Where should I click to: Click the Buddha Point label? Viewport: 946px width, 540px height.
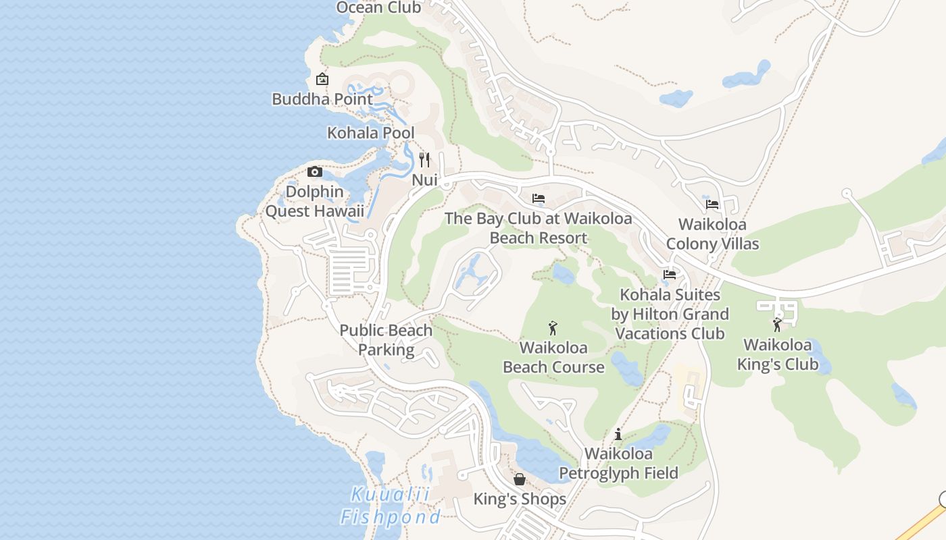point(322,99)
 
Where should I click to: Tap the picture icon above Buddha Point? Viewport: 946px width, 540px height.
point(322,79)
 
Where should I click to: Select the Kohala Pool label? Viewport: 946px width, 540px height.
point(371,132)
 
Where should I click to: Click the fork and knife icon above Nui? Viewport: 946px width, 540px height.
point(424,160)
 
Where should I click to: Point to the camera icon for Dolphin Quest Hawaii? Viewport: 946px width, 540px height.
point(315,171)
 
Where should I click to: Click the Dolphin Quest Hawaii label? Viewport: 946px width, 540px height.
point(314,201)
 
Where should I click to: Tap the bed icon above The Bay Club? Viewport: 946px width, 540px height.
point(539,198)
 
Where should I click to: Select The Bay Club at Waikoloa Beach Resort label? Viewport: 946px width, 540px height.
point(539,228)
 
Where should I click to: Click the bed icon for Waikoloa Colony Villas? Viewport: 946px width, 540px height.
point(712,204)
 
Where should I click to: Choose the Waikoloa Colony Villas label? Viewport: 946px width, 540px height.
point(712,234)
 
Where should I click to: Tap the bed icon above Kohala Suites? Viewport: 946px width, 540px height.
point(670,275)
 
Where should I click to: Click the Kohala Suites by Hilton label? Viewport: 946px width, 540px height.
point(670,314)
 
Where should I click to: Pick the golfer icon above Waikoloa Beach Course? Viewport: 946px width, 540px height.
point(553,329)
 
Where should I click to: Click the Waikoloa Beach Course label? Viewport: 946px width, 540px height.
point(553,358)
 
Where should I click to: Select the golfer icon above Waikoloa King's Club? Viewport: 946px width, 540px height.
point(777,325)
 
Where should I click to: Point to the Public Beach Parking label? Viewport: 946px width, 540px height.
point(386,340)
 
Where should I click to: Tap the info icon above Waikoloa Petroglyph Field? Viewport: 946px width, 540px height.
point(618,434)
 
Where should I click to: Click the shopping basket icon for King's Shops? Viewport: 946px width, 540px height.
point(520,479)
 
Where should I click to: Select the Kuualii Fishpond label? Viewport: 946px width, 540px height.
point(390,506)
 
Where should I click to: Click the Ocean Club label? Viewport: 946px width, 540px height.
point(378,7)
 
